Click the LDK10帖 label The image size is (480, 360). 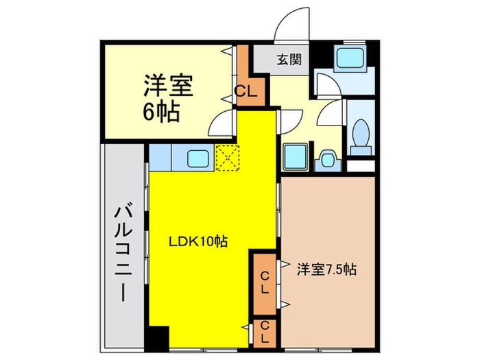(199, 241)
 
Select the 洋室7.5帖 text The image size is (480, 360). (326, 269)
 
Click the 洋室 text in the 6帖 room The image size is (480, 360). (168, 86)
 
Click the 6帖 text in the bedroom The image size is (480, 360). (161, 112)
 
